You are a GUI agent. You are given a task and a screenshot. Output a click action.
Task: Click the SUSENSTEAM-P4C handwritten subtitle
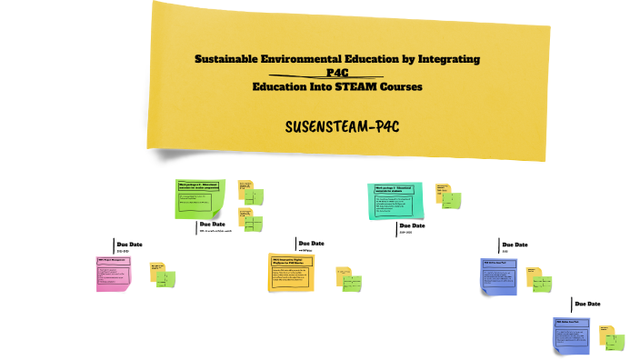point(343,125)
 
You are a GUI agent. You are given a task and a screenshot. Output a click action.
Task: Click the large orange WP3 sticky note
point(291,272)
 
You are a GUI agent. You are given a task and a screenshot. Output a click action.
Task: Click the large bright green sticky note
point(200,198)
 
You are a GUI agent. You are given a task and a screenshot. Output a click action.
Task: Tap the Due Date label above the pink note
point(129,244)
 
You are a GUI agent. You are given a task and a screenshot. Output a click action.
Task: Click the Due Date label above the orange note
point(311,243)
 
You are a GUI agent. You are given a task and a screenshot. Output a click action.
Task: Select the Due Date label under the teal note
point(412,225)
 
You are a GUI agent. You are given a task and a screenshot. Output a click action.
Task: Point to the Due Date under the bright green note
point(212,224)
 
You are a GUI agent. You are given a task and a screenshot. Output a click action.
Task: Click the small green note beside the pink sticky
point(168,279)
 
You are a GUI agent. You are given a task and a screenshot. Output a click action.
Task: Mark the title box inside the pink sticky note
point(113,261)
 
